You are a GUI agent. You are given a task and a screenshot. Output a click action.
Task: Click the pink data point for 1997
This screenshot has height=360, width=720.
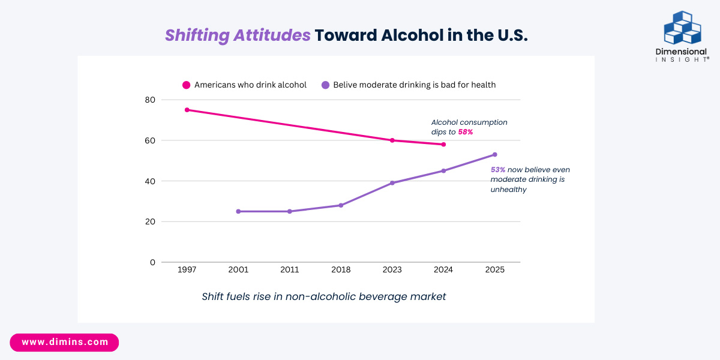click(x=187, y=110)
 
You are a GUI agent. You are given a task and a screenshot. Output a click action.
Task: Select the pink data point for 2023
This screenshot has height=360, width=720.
click(x=392, y=140)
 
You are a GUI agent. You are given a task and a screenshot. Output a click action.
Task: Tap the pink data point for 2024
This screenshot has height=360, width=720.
click(x=443, y=145)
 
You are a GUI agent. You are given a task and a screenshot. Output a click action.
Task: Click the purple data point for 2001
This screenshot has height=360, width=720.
click(x=238, y=211)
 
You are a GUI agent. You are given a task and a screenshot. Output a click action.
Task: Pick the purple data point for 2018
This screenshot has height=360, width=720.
click(x=341, y=205)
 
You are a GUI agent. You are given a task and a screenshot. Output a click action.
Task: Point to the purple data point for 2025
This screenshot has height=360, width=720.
click(x=495, y=155)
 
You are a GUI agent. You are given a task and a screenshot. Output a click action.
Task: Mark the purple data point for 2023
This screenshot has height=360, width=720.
click(x=392, y=183)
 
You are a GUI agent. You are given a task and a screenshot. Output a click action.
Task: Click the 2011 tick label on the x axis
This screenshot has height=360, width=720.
click(x=290, y=270)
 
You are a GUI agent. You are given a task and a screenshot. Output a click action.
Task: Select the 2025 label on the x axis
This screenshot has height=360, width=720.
click(x=495, y=270)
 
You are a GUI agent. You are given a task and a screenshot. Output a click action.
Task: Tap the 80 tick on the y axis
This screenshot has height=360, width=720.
click(x=149, y=100)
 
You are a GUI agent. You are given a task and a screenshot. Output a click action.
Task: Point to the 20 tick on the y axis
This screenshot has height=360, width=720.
click(x=149, y=221)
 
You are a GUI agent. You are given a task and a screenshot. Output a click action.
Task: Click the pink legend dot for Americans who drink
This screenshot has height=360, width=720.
click(x=187, y=85)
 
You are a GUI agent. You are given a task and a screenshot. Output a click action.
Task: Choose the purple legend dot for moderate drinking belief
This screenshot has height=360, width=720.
click(x=325, y=85)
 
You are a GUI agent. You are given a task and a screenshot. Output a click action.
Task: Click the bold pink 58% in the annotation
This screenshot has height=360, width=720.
click(x=466, y=132)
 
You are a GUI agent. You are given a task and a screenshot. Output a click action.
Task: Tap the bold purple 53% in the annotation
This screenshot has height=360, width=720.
click(x=498, y=170)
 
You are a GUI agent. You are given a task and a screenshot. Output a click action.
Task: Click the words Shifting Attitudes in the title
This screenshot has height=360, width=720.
click(x=238, y=35)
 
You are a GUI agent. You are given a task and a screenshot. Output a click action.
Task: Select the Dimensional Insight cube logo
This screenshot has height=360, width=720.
click(x=682, y=28)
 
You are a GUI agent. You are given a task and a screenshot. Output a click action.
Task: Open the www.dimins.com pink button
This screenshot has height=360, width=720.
click(x=65, y=343)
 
